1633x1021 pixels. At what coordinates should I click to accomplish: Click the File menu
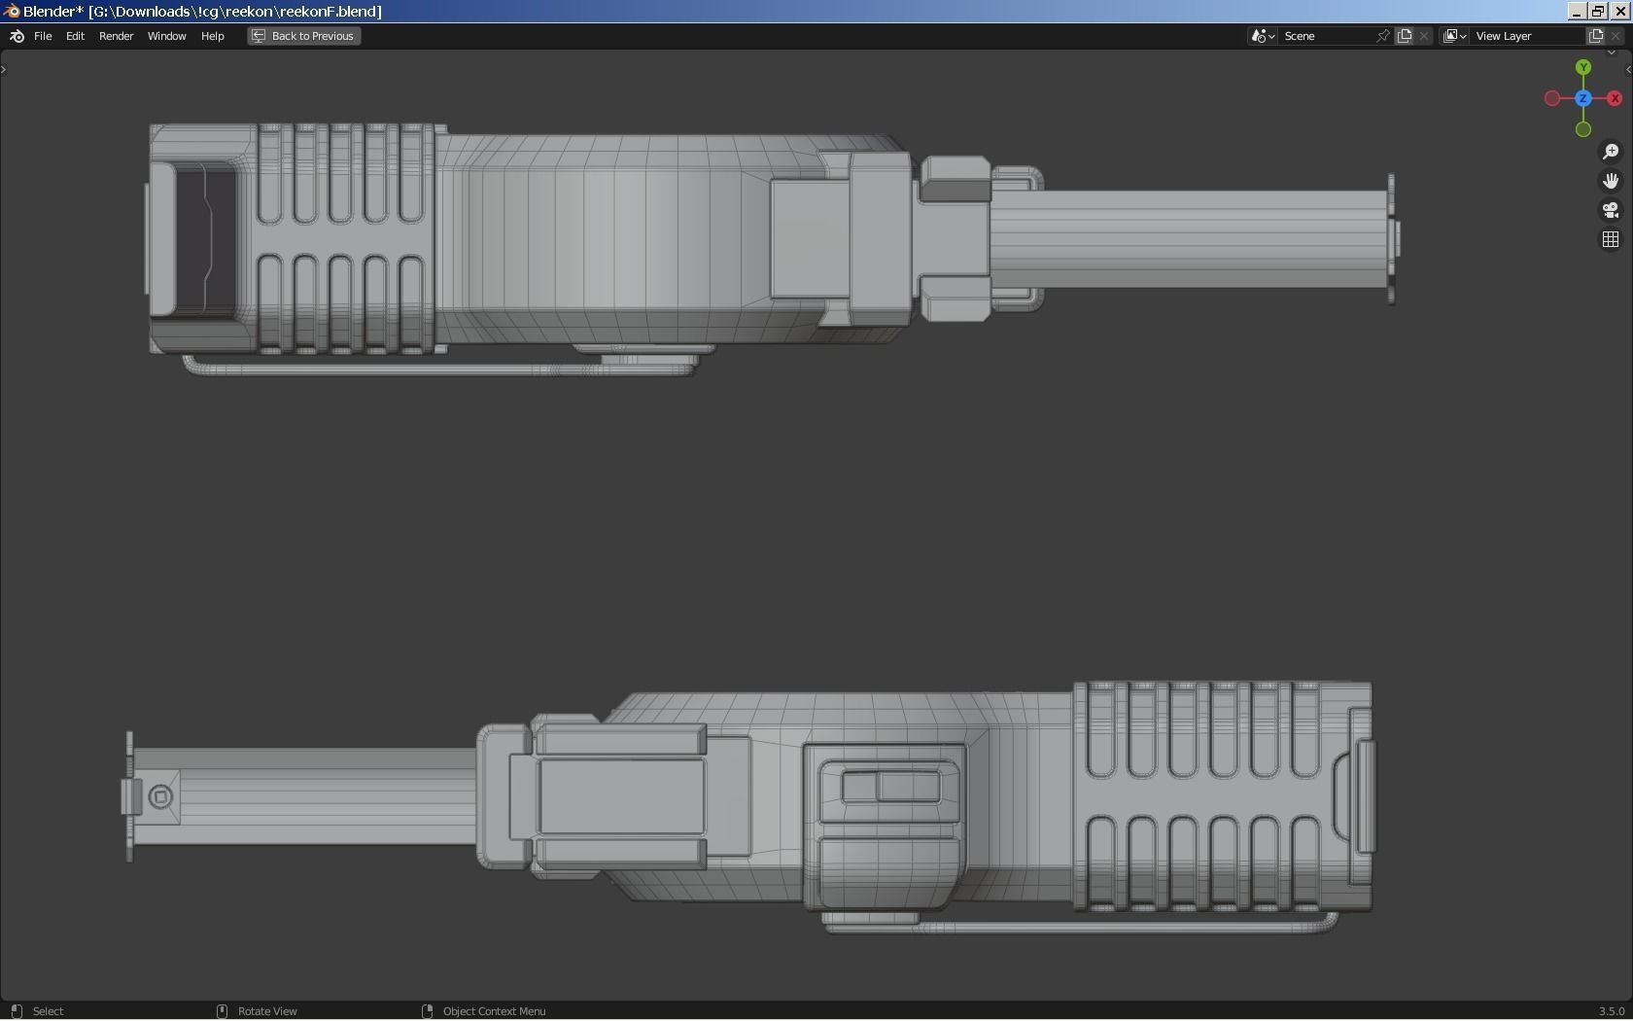point(43,36)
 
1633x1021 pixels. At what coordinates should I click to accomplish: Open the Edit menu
point(75,36)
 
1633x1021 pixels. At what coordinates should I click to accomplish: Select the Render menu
point(116,36)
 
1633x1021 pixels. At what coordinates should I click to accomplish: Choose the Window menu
point(166,36)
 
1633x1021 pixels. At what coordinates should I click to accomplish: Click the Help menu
point(212,36)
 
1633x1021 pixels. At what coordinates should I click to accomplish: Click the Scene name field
point(1327,36)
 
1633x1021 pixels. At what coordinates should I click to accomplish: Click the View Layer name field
point(1526,36)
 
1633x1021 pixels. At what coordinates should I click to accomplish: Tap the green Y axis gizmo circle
point(1583,68)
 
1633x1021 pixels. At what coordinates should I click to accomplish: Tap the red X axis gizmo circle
point(1615,98)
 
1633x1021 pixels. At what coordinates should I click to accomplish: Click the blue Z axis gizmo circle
point(1583,98)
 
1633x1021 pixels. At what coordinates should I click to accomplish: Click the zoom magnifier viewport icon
point(1611,152)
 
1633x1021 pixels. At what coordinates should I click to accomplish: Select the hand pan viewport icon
point(1611,181)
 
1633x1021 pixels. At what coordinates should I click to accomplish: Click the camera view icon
point(1611,210)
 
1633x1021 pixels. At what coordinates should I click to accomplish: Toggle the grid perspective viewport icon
point(1611,239)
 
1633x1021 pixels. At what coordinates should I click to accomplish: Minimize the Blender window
point(1577,11)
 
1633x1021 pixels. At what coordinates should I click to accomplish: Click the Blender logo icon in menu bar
point(17,36)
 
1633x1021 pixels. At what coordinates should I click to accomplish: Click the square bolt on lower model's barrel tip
point(161,797)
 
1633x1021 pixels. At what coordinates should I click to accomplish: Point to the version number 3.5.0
point(1611,1011)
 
